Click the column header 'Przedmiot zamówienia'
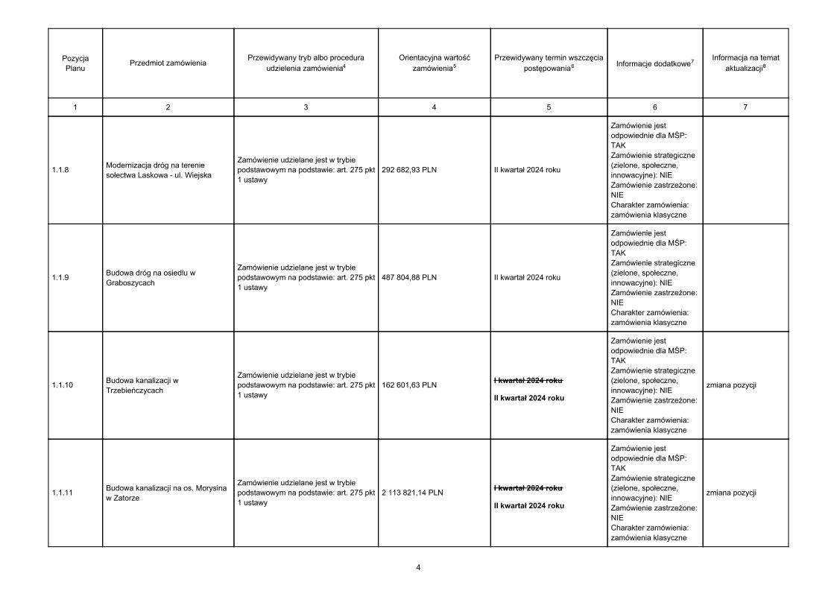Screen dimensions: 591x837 168,63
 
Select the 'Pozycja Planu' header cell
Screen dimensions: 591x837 75,63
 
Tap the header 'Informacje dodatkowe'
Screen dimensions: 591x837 654,63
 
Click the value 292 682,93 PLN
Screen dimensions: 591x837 409,170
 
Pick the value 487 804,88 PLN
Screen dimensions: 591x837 409,277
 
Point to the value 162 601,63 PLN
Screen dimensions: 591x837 409,385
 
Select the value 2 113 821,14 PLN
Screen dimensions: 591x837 412,493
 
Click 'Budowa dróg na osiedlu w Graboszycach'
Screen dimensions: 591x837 151,277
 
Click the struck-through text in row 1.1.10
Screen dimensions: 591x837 528,380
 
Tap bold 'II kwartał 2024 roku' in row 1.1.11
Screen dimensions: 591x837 529,506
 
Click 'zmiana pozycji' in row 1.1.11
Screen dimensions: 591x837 730,493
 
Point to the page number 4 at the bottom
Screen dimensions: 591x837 418,568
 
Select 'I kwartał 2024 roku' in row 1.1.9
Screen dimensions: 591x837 527,277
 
